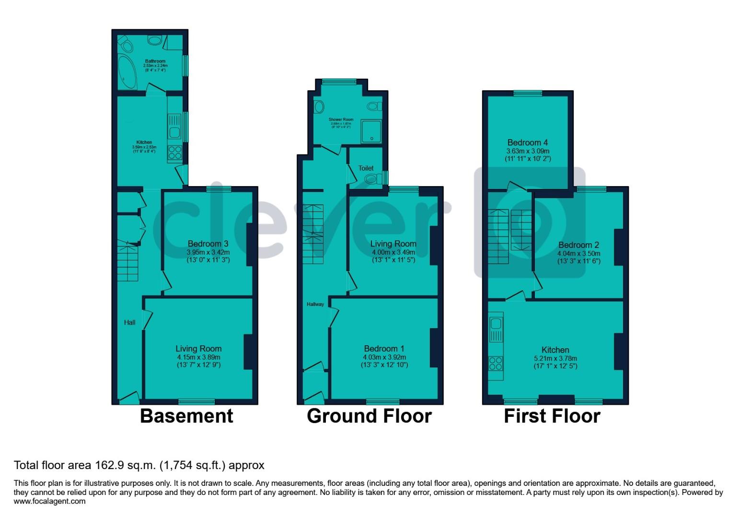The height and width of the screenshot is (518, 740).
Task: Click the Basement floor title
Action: [x=186, y=416]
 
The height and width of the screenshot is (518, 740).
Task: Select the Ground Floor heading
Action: [x=369, y=416]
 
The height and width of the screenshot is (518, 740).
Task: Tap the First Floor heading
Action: [x=552, y=416]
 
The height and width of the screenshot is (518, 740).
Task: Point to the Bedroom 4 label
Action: [x=528, y=142]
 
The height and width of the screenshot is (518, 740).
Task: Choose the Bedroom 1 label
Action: [x=384, y=349]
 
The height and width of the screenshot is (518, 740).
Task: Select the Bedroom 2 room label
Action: [x=578, y=245]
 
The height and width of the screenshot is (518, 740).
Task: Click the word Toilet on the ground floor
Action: [x=366, y=168]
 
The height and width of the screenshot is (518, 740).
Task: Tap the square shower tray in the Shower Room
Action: [x=371, y=131]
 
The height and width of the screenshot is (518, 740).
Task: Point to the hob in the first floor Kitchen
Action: [x=496, y=364]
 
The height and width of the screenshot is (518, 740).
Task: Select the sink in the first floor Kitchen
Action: [x=496, y=330]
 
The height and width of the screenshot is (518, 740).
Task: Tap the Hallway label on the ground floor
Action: [x=315, y=304]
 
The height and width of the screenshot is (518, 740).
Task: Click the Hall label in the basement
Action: [x=129, y=322]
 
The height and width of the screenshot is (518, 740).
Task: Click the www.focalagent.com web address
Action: [x=50, y=501]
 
